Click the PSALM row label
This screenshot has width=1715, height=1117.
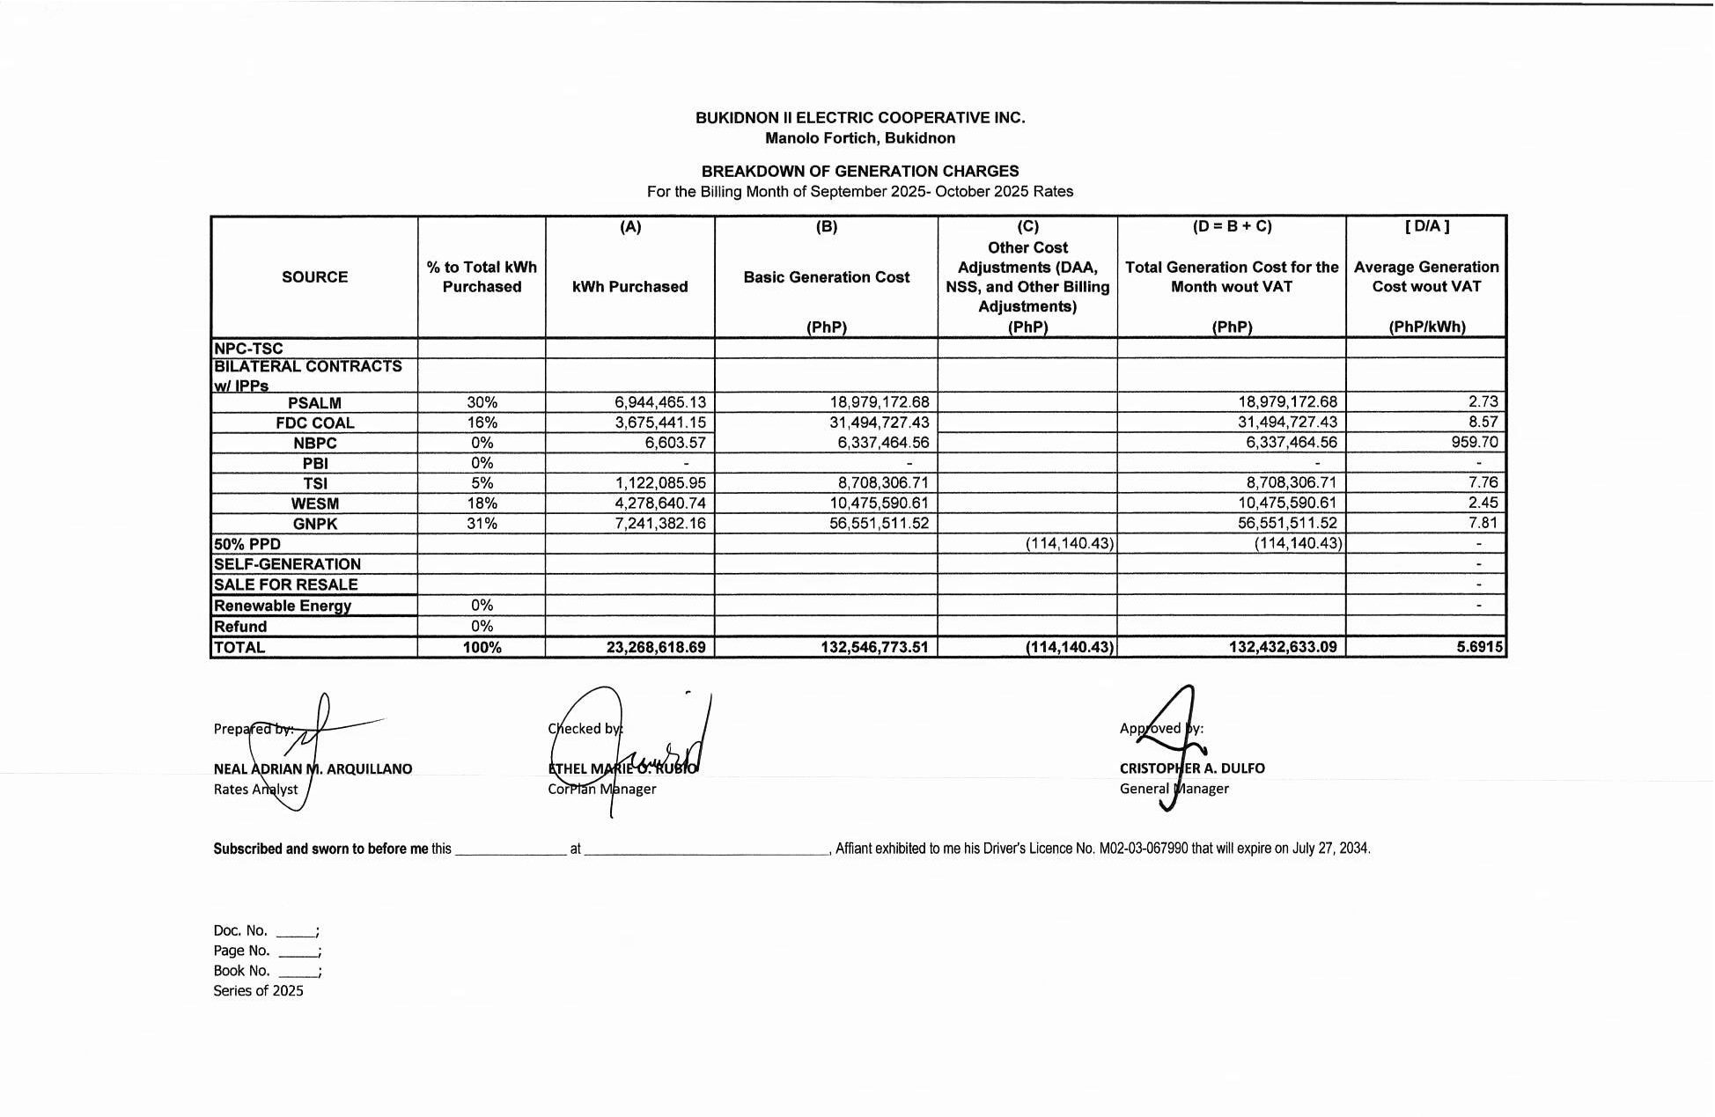(x=314, y=403)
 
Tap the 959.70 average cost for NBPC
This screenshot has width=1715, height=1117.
(x=1474, y=442)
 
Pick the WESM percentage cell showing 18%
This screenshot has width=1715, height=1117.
(x=482, y=503)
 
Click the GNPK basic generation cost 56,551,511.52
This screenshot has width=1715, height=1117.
(x=879, y=523)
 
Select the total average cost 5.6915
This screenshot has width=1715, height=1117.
(x=1479, y=647)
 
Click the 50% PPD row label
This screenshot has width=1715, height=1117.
(x=247, y=544)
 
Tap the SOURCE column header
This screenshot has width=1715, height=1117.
(x=314, y=276)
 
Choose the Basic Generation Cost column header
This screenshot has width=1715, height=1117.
(x=826, y=277)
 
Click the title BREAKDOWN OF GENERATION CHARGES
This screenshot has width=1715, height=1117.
(x=859, y=171)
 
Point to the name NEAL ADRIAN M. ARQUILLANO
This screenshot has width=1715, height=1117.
(x=313, y=768)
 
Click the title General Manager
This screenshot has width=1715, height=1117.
(x=1174, y=789)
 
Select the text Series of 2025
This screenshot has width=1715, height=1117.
(x=258, y=990)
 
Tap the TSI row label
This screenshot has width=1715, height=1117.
(x=314, y=483)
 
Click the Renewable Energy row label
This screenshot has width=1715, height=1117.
(x=282, y=606)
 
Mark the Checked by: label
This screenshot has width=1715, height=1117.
(x=585, y=728)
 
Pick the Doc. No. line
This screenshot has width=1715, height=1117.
(x=265, y=930)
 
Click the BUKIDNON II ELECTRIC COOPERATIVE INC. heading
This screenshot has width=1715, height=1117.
(x=859, y=118)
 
